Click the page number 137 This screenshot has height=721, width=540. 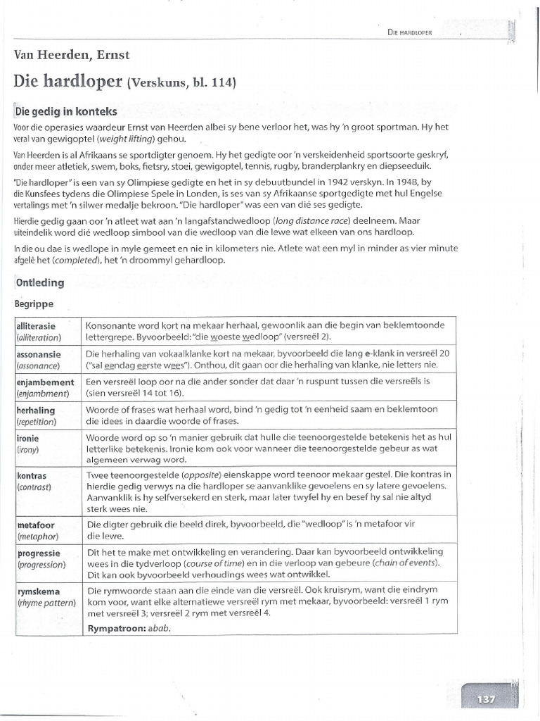tap(485, 699)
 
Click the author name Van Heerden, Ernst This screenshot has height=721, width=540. tap(71, 55)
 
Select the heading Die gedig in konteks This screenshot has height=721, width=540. tap(65, 111)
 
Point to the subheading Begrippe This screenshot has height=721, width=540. tap(34, 305)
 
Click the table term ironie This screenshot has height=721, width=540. tap(27, 437)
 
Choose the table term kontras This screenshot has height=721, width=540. tap(32, 476)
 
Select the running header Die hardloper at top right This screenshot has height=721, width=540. tap(409, 32)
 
